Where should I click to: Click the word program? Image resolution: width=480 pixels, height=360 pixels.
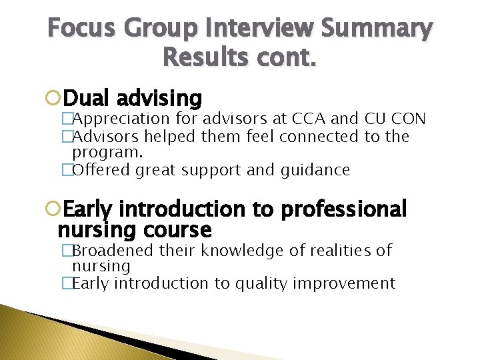pos(99,153)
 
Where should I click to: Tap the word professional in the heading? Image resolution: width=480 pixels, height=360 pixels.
pos(343,209)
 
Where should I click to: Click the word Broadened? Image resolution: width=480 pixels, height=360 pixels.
pos(111,251)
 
